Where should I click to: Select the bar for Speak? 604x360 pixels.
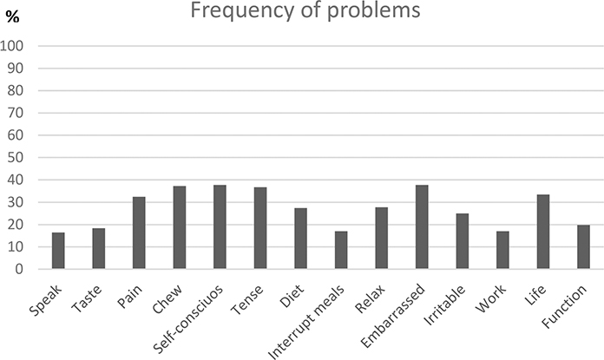point(58,252)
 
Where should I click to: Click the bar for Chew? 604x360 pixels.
point(180,228)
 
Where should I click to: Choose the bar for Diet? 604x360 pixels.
point(300,239)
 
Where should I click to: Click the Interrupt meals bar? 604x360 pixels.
point(341,251)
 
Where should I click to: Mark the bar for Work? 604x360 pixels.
point(502,251)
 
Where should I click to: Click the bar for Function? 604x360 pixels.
point(583,247)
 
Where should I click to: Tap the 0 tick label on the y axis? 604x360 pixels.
point(20,270)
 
